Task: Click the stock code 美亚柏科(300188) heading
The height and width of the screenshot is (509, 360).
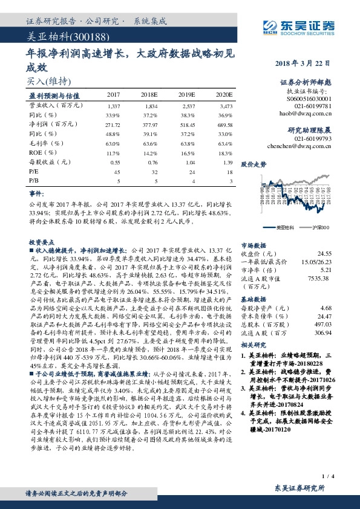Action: pos(54,37)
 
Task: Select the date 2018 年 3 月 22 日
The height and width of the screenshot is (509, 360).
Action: pos(305,63)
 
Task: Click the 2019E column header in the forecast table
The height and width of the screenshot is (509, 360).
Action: pos(186,96)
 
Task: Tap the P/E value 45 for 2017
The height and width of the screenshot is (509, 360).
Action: pos(117,172)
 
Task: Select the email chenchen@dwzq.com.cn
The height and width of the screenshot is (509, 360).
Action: pos(306,146)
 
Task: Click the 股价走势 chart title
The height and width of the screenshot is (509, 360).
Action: pos(254,164)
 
